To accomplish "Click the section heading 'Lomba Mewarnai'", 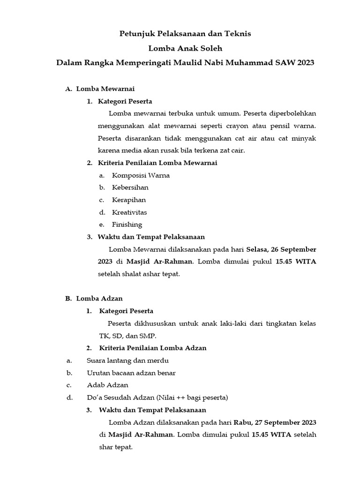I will click(105, 89).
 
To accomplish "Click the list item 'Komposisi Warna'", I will click(141, 175).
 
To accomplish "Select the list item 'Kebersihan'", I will click(130, 187).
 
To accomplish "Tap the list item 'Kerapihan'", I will click(129, 200).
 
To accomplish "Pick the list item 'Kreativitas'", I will click(129, 212).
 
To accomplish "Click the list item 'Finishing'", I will click(127, 224).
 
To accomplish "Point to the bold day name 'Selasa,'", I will click(259, 249).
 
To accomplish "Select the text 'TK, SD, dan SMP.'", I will click(127, 336).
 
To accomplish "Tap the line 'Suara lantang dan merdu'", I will click(127, 360).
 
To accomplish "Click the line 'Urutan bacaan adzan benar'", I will click(131, 373).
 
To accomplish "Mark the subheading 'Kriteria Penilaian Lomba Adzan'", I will click(153, 348).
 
